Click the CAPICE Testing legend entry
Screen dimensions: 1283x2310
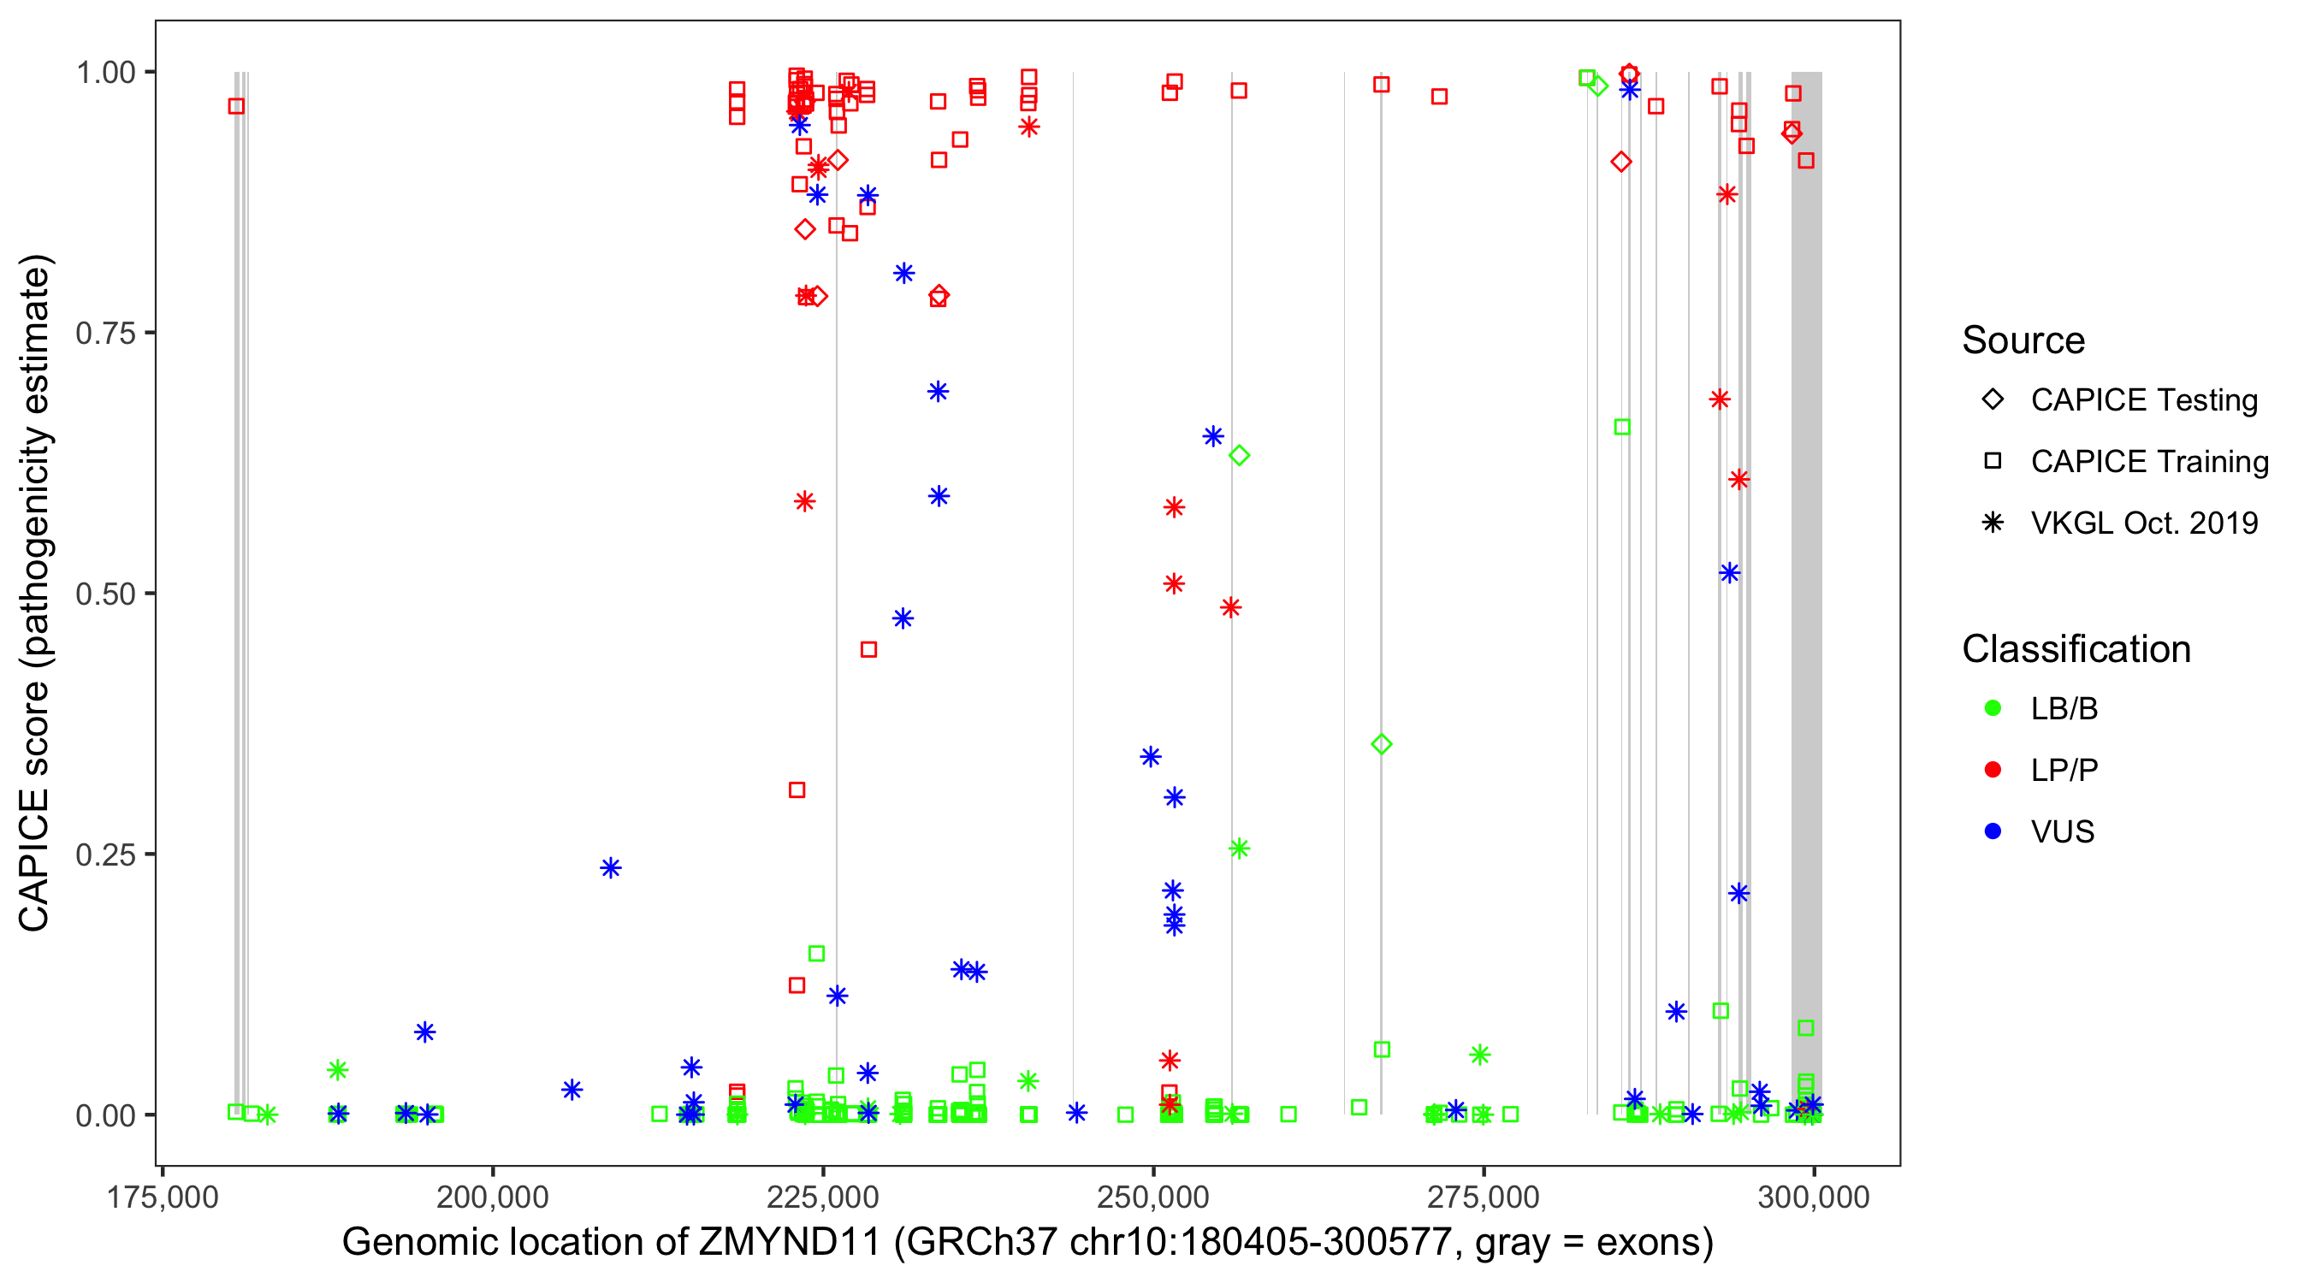point(2143,400)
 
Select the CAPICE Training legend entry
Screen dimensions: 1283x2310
point(2148,462)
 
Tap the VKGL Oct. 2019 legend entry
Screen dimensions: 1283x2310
point(2143,523)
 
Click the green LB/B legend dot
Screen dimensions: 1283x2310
point(1993,708)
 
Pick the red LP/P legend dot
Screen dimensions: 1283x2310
point(1993,770)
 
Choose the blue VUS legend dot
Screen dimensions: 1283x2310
point(1993,831)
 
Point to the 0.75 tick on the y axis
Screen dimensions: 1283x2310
point(105,334)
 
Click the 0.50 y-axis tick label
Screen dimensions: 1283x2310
point(105,594)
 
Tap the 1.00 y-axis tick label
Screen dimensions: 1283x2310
point(105,73)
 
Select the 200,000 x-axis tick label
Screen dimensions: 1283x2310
point(492,1197)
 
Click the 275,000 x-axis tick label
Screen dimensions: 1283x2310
point(1484,1197)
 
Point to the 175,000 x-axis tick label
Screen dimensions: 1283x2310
point(163,1197)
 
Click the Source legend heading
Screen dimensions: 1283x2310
point(2023,340)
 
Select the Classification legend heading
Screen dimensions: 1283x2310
point(2076,649)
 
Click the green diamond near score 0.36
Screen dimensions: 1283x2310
point(1382,744)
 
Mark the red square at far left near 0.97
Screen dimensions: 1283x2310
point(236,107)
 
